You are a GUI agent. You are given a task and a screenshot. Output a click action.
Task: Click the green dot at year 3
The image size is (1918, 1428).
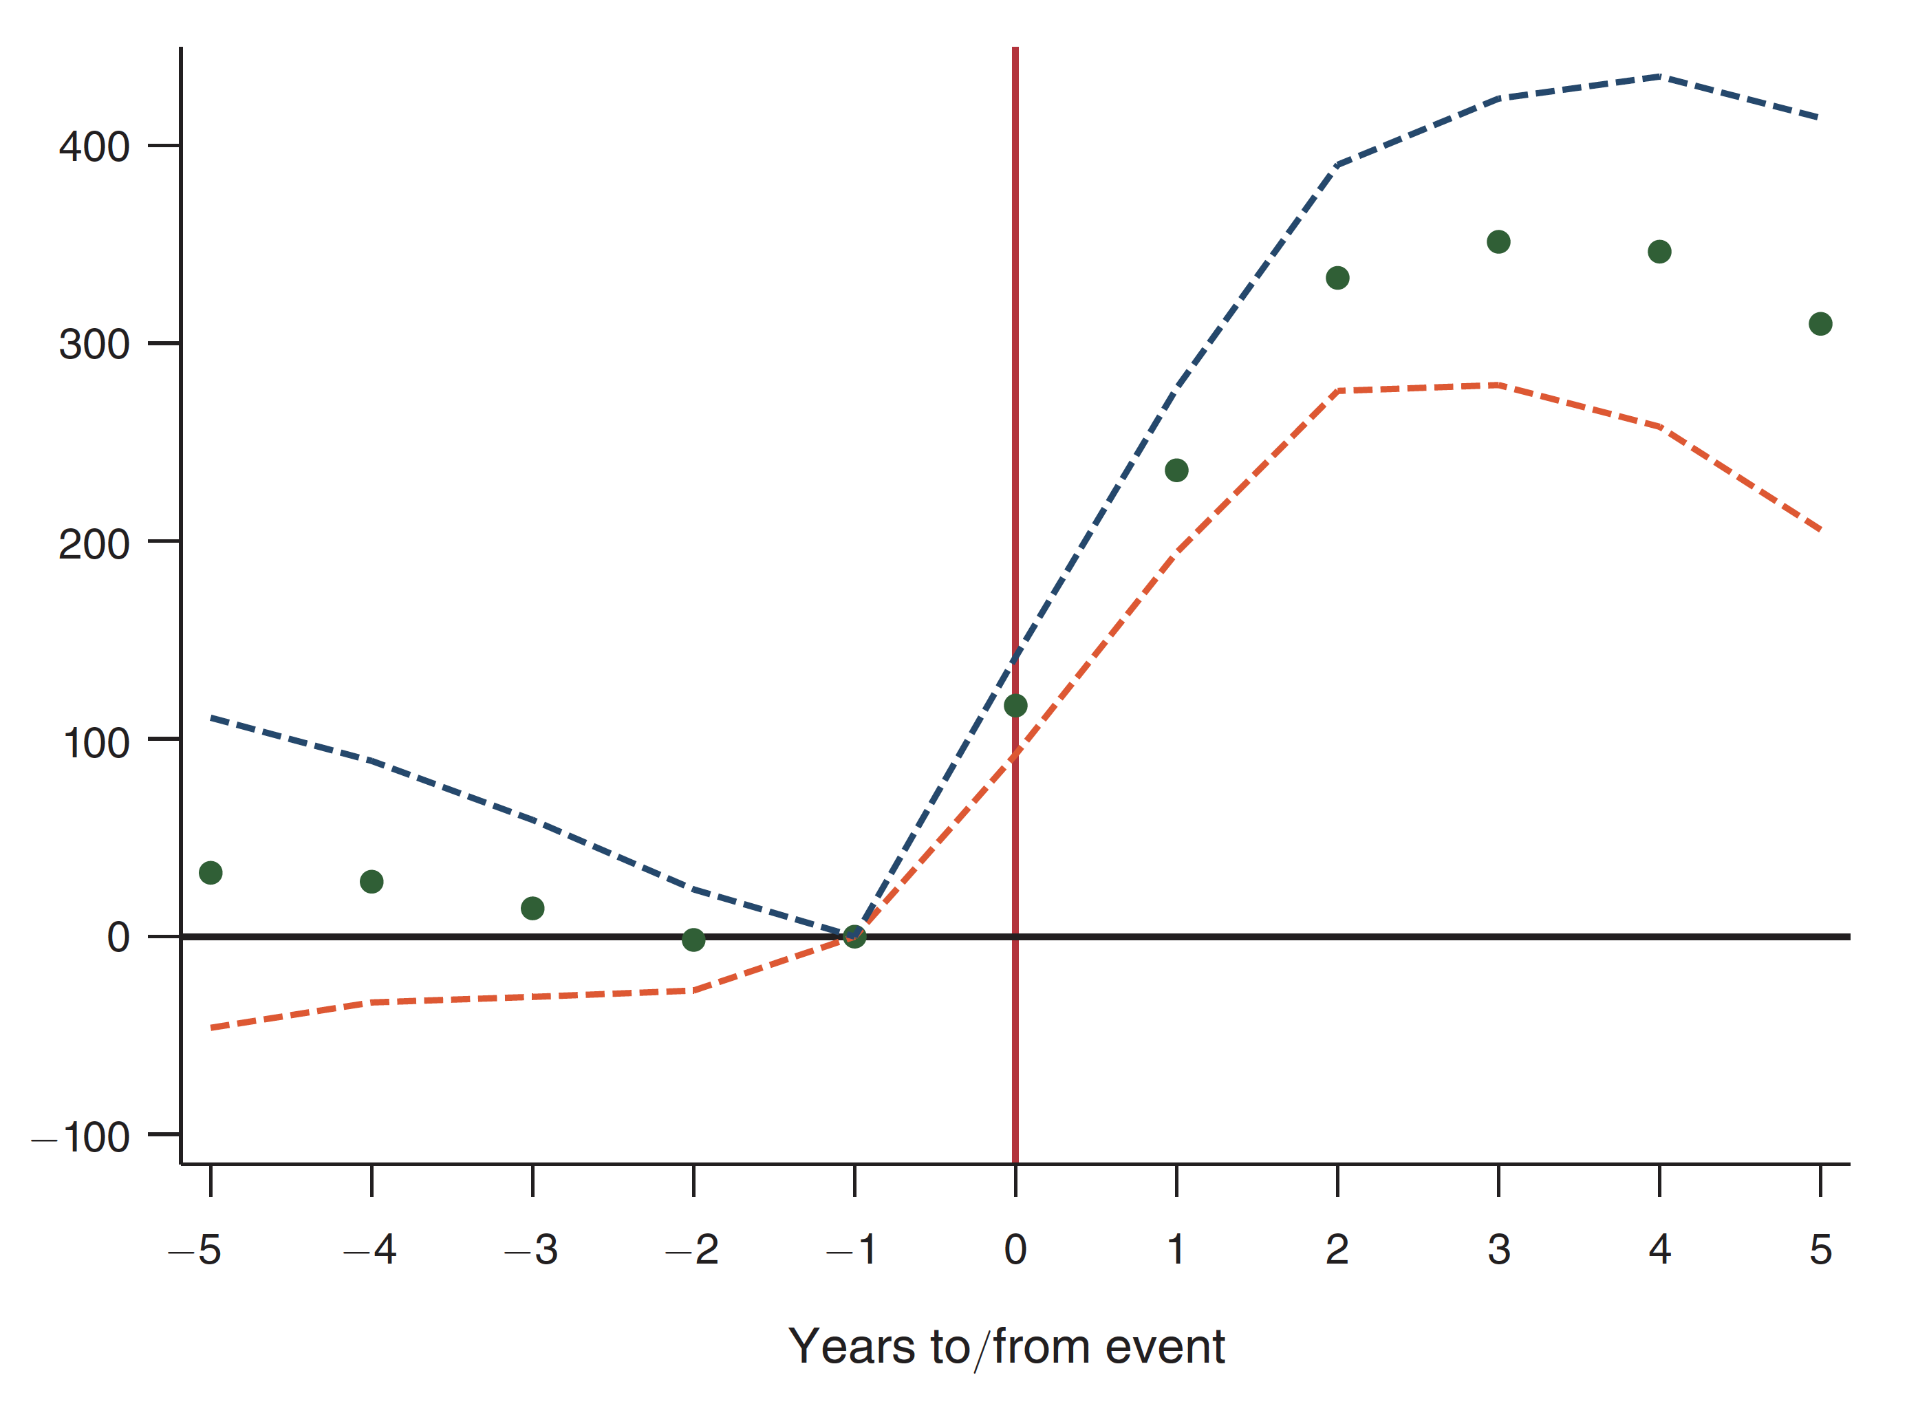pyautogui.click(x=1498, y=242)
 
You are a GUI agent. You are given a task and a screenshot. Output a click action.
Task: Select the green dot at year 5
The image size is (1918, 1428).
pyautogui.click(x=1820, y=324)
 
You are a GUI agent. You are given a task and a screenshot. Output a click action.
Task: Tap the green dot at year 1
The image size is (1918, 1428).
pyautogui.click(x=1176, y=470)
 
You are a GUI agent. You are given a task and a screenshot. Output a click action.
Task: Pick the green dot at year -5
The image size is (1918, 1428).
pyautogui.click(x=210, y=873)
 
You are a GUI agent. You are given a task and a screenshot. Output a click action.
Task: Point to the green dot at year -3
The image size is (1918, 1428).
pyautogui.click(x=532, y=909)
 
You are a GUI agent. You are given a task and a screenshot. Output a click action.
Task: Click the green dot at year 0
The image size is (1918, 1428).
pyautogui.click(x=1015, y=706)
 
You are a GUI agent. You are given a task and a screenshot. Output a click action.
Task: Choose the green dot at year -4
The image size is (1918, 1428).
pyautogui.click(x=371, y=882)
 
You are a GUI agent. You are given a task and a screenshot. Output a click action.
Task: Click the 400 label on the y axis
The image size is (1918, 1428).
pyautogui.click(x=94, y=147)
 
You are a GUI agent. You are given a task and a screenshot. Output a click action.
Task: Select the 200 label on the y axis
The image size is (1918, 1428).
pyautogui.click(x=94, y=545)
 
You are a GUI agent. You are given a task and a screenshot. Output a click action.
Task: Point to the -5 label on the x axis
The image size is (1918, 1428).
pyautogui.click(x=195, y=1250)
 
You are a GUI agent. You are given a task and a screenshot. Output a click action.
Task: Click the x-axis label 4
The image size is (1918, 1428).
pyautogui.click(x=1659, y=1250)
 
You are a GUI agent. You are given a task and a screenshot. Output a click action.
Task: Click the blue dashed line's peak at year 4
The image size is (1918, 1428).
pyautogui.click(x=1659, y=77)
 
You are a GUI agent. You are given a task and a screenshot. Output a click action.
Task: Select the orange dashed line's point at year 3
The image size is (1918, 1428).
pyautogui.click(x=1498, y=385)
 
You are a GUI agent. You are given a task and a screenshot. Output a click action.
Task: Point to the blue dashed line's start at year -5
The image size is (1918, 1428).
pyautogui.click(x=212, y=718)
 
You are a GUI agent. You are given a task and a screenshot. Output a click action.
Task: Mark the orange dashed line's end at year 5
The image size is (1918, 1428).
pyautogui.click(x=1820, y=529)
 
